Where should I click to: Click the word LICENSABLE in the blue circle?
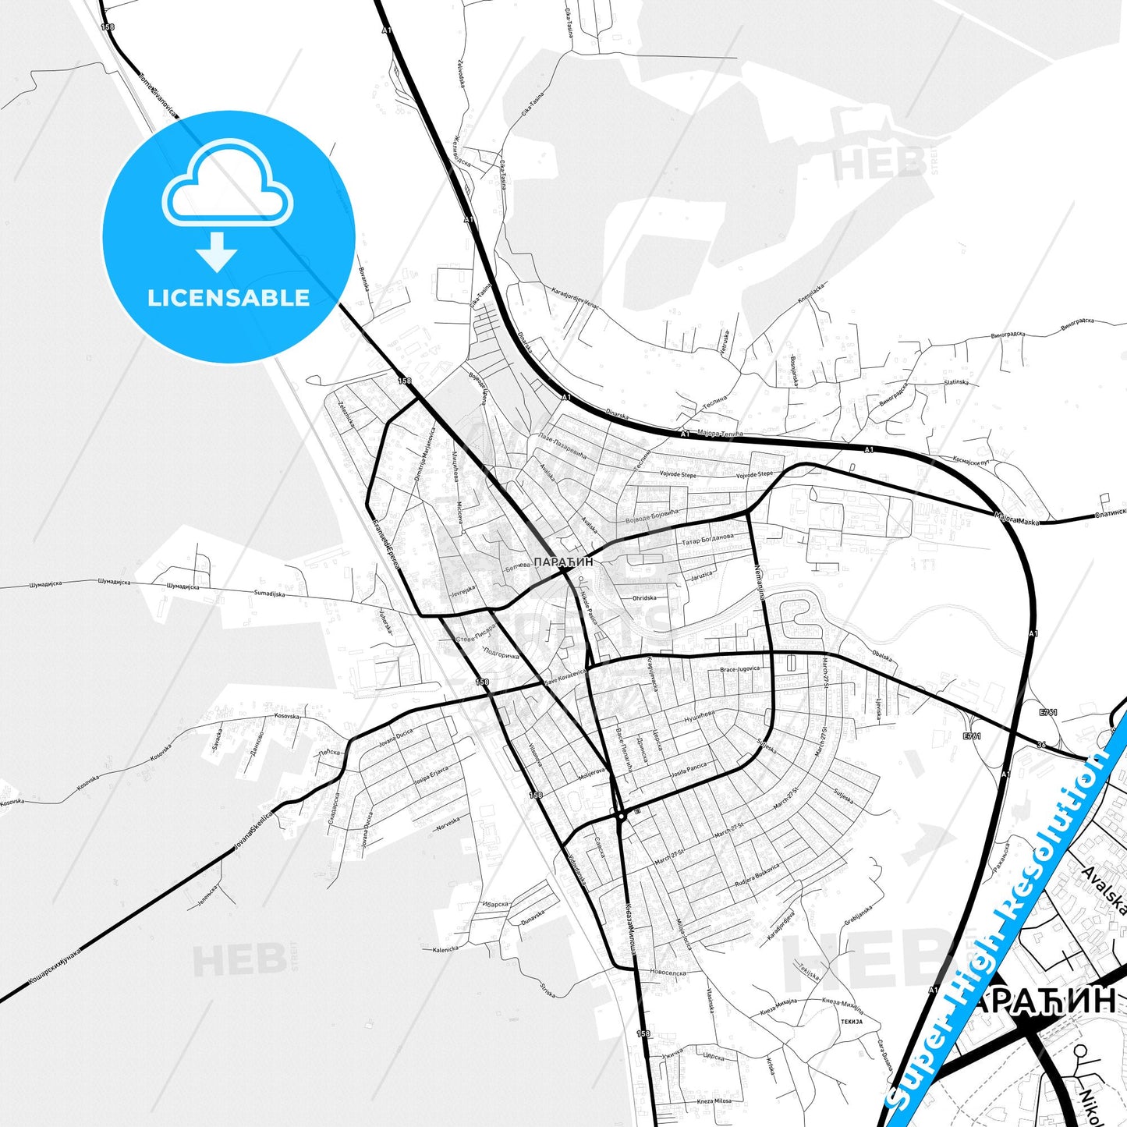pos(229,297)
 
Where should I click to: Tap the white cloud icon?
pos(228,185)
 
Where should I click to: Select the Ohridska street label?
pos(644,598)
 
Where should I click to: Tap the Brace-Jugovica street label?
pos(739,669)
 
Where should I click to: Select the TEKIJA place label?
pos(852,1021)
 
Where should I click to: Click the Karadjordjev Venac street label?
pos(575,299)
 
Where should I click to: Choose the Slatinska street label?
pos(956,382)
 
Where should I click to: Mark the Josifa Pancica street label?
pos(689,771)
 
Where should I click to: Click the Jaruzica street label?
pos(701,576)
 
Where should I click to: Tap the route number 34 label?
pos(1041,744)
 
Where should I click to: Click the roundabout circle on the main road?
pos(621,816)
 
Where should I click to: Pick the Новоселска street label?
pos(668,973)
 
